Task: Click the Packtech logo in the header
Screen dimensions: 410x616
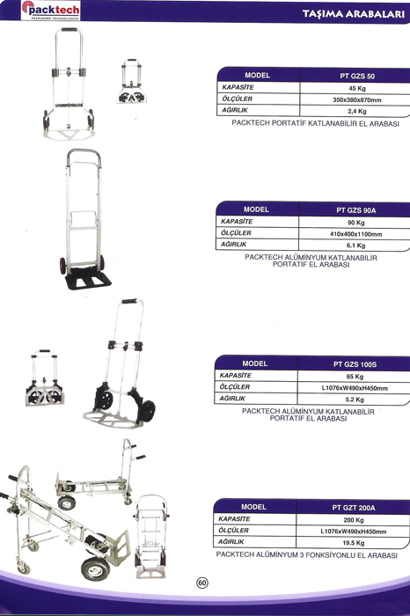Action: [51, 11]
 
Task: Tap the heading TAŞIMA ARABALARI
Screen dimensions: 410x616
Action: [354, 14]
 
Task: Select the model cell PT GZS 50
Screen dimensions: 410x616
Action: [357, 77]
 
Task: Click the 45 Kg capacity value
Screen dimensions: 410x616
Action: [357, 88]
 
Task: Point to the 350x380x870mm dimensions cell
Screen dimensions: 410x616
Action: [357, 99]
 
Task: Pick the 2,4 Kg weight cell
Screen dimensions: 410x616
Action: [357, 111]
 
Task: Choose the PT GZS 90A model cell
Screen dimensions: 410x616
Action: [355, 210]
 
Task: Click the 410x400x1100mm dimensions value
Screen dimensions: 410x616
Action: [355, 234]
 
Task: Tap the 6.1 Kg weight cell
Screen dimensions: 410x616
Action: [355, 246]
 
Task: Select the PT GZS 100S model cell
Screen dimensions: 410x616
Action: [355, 364]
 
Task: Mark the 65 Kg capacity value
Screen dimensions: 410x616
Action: [355, 377]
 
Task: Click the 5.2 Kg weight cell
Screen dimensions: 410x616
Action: [355, 400]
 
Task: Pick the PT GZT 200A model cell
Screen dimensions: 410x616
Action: [354, 508]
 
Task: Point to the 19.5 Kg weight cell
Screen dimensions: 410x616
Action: [354, 543]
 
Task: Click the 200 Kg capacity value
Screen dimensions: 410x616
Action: [354, 520]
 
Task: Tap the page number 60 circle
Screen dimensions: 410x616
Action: [202, 583]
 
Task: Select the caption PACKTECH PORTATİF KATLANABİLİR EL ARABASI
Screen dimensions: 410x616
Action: [315, 123]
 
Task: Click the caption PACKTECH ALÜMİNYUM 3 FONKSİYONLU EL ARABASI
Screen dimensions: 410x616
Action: [307, 555]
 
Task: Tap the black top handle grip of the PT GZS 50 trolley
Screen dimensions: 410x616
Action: [70, 29]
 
